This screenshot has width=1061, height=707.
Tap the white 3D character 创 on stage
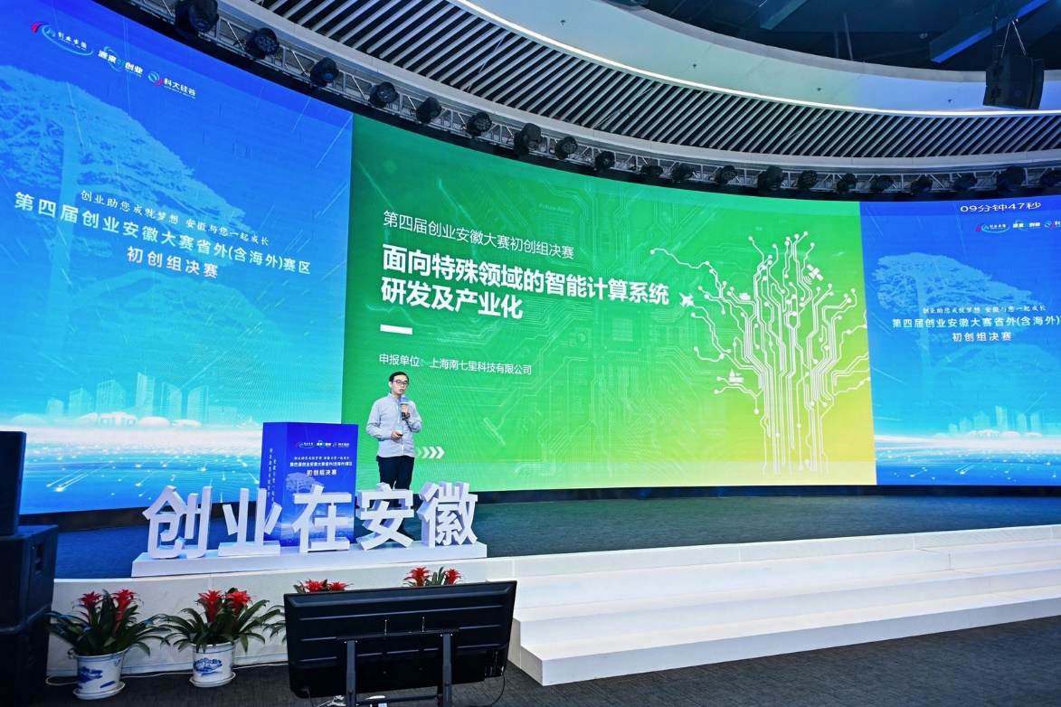pyautogui.click(x=176, y=523)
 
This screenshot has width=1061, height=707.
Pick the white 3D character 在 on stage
pyautogui.click(x=319, y=518)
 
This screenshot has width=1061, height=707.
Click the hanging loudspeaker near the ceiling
pyautogui.click(x=1013, y=77)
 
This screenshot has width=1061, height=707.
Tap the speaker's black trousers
pyautogui.click(x=395, y=471)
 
